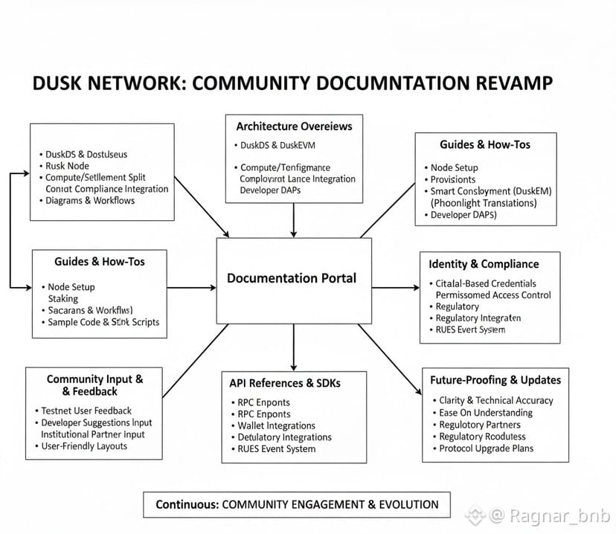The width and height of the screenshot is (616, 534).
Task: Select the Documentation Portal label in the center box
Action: pyautogui.click(x=292, y=278)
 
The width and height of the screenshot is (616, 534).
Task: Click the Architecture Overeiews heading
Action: pyautogui.click(x=295, y=126)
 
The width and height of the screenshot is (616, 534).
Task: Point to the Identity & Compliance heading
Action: pyautogui.click(x=484, y=264)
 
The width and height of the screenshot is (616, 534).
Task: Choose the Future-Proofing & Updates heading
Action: pyautogui.click(x=495, y=380)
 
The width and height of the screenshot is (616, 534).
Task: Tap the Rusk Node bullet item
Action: pyautogui.click(x=67, y=167)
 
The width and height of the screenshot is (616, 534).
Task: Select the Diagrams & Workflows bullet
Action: pyautogui.click(x=90, y=201)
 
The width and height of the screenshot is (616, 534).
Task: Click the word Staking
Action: pyautogui.click(x=63, y=298)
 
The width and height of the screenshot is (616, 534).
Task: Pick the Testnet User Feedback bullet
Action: pyautogui.click(x=86, y=411)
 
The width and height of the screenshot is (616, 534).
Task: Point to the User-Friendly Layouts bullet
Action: pyautogui.click(x=86, y=446)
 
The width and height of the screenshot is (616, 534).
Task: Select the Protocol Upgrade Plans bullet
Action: pyautogui.click(x=487, y=448)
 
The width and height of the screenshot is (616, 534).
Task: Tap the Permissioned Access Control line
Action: pyautogui.click(x=493, y=295)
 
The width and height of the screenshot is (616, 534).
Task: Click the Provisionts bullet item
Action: pyautogui.click(x=453, y=179)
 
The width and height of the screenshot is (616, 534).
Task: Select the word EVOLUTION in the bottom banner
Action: pyautogui.click(x=408, y=504)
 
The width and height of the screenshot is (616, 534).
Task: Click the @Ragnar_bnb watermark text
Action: pyautogui.click(x=548, y=515)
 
